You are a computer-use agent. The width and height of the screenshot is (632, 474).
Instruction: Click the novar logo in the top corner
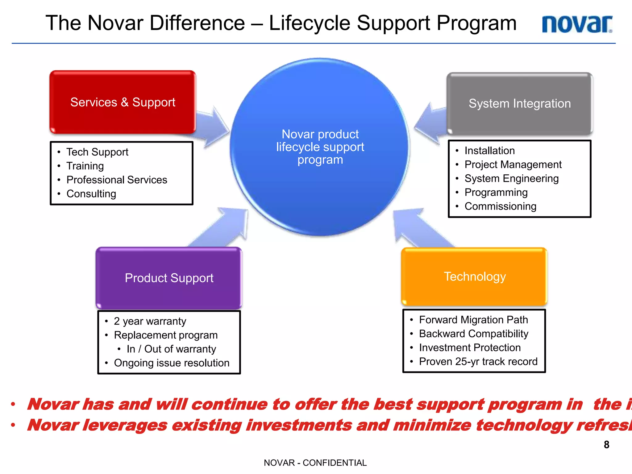tap(577, 24)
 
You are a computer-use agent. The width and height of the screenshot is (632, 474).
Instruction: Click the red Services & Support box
tap(123, 102)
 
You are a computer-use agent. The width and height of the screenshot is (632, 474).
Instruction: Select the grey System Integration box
tap(519, 104)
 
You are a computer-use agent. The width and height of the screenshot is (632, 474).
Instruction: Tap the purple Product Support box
tap(169, 278)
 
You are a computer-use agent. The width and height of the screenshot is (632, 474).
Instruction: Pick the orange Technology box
tap(474, 276)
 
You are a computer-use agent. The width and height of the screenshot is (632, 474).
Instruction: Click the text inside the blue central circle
tap(320, 147)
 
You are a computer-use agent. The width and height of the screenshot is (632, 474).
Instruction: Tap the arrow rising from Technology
tap(417, 227)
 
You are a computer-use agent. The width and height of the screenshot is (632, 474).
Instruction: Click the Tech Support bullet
tap(97, 152)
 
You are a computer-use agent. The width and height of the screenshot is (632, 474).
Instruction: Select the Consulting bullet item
tap(91, 194)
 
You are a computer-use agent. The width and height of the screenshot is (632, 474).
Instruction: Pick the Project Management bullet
tap(513, 164)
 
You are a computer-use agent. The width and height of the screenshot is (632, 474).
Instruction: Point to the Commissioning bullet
tap(500, 206)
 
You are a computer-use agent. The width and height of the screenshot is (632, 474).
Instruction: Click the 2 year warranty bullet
tap(150, 321)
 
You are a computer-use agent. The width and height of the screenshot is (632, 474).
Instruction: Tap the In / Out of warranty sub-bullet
tap(171, 349)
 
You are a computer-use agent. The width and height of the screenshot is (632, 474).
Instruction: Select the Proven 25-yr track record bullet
tap(478, 361)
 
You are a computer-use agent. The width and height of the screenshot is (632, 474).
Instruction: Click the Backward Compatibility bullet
tap(473, 334)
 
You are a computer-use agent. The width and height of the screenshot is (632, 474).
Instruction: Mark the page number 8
tap(606, 445)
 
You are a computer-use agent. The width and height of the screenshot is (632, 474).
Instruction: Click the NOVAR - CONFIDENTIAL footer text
tap(315, 463)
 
